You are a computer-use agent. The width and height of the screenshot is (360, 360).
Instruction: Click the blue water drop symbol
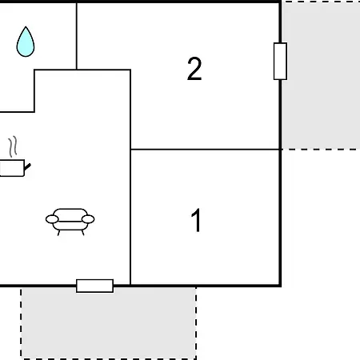point(26,42)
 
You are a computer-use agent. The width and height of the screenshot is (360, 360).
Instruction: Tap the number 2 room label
point(194,69)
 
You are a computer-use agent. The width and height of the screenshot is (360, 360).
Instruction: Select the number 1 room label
point(196,220)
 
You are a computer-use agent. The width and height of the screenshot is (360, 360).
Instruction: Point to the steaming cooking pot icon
point(14,160)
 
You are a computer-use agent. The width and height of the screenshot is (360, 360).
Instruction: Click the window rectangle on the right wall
point(280,61)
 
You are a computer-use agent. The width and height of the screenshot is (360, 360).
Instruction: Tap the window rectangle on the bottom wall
point(94,286)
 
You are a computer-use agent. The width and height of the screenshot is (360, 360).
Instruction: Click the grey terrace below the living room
point(109,323)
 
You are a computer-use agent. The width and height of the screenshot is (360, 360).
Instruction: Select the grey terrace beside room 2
point(321,75)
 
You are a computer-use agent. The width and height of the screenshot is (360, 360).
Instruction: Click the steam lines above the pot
point(13,146)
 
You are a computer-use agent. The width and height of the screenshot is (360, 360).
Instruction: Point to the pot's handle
point(27,167)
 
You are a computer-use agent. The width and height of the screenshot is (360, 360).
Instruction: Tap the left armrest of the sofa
point(52,219)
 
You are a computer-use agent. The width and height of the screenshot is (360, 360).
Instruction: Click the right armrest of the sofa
point(88,219)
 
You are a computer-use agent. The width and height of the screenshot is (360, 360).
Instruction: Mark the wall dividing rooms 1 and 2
point(206,150)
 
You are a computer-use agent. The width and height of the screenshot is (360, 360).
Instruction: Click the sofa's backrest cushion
point(70,214)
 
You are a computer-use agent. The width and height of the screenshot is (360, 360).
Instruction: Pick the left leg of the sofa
point(58,233)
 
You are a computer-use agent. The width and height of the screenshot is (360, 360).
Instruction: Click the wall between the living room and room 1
point(130,218)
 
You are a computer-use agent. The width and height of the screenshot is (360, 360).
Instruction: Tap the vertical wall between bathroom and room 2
point(77,36)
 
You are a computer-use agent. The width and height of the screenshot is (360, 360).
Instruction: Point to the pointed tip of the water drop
point(26,26)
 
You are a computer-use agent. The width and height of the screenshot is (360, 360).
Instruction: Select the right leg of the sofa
point(82,233)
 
